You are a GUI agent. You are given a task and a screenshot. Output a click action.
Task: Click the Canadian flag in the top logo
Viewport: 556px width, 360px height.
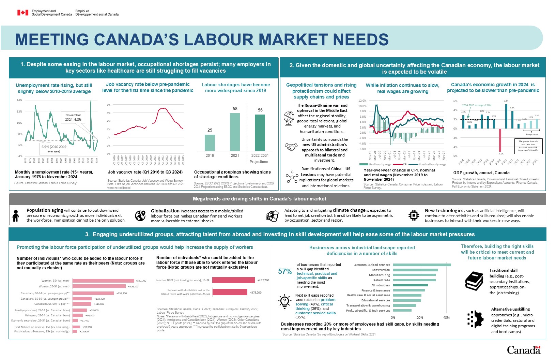[x=23, y=13]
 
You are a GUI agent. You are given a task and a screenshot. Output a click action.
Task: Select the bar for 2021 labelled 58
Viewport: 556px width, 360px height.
[x=235, y=132]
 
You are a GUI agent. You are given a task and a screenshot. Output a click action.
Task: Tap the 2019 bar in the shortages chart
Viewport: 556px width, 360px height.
[x=210, y=142]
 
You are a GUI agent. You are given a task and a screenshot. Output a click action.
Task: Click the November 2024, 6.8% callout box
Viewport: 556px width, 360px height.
[x=73, y=117]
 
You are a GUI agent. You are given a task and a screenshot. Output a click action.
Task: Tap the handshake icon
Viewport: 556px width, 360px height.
[x=291, y=147]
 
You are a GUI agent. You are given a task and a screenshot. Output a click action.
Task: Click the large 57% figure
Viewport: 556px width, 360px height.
[x=285, y=271]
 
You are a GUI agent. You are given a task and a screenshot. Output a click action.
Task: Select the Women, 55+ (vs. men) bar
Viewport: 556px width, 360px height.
[x=103, y=281]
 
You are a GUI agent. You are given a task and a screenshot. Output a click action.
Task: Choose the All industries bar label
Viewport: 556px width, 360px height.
[x=380, y=285]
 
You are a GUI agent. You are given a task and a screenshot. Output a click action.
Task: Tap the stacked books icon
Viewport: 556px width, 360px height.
[x=474, y=281]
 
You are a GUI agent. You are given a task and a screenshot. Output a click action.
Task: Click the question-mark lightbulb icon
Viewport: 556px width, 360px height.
[x=285, y=301]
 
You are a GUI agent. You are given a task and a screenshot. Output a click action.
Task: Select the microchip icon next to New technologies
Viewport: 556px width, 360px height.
[x=414, y=215]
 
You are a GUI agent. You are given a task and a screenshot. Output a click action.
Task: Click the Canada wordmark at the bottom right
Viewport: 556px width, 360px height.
[x=524, y=350]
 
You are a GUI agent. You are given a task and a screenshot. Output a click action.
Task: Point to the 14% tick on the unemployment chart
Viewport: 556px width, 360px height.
[x=19, y=101]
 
